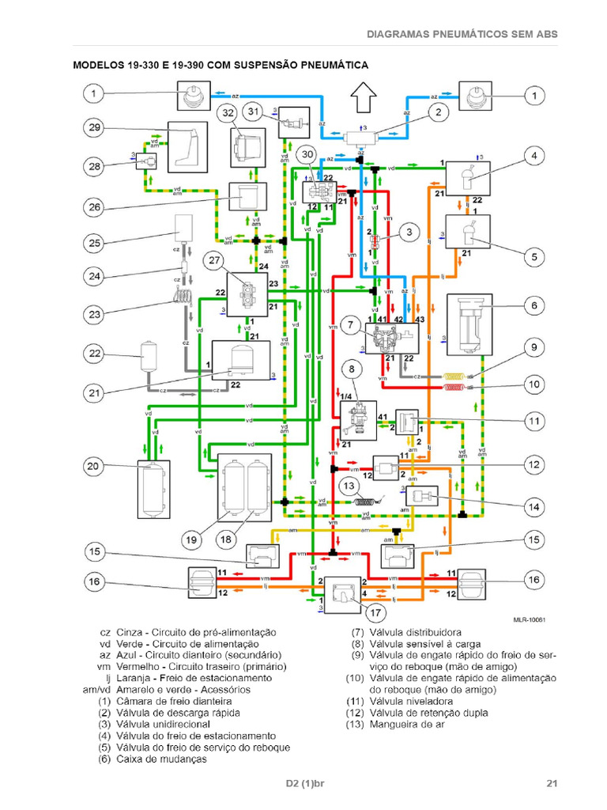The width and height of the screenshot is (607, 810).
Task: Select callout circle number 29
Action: (x=95, y=129)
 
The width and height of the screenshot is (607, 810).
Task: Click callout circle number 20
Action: (x=95, y=467)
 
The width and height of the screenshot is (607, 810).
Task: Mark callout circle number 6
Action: (x=534, y=306)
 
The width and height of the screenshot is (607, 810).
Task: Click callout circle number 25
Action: (x=95, y=243)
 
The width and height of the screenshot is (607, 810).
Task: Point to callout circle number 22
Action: (x=95, y=353)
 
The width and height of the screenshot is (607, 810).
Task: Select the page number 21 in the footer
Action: (x=552, y=784)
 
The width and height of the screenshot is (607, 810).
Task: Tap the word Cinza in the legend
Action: (x=130, y=633)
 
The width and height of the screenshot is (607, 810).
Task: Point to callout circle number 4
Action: (x=534, y=156)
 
